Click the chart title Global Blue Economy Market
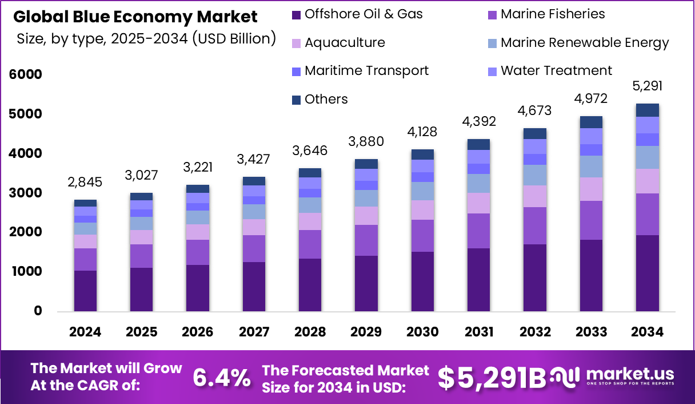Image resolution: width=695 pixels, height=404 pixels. [x=135, y=17]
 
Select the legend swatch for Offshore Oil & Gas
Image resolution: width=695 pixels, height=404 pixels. [x=296, y=15]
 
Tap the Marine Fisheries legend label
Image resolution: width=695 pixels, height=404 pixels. [x=552, y=14]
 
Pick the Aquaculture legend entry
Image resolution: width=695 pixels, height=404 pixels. [x=345, y=43]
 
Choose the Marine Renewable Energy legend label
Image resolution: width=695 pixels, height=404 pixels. [x=584, y=43]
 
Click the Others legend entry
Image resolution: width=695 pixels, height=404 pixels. [x=326, y=100]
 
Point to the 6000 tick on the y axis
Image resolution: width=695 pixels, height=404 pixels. [x=25, y=74]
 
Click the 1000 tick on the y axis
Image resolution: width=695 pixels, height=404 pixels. [x=25, y=272]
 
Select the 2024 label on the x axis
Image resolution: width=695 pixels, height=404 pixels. [x=85, y=332]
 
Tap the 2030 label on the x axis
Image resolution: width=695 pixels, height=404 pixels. [x=422, y=332]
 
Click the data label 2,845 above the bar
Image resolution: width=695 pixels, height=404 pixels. [x=85, y=183]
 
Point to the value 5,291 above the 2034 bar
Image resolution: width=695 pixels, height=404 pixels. [x=647, y=86]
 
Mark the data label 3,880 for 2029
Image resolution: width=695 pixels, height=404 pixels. [x=366, y=142]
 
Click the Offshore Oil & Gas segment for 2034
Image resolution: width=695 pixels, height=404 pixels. [x=647, y=273]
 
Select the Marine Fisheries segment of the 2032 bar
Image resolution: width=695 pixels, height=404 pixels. [x=535, y=225]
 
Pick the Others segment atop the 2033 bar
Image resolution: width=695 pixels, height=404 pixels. [x=591, y=122]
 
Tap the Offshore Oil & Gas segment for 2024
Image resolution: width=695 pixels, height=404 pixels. [x=85, y=291]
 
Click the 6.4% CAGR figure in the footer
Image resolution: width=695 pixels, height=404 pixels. [x=221, y=378]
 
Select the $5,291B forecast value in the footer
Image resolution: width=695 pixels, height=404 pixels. [x=491, y=378]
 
